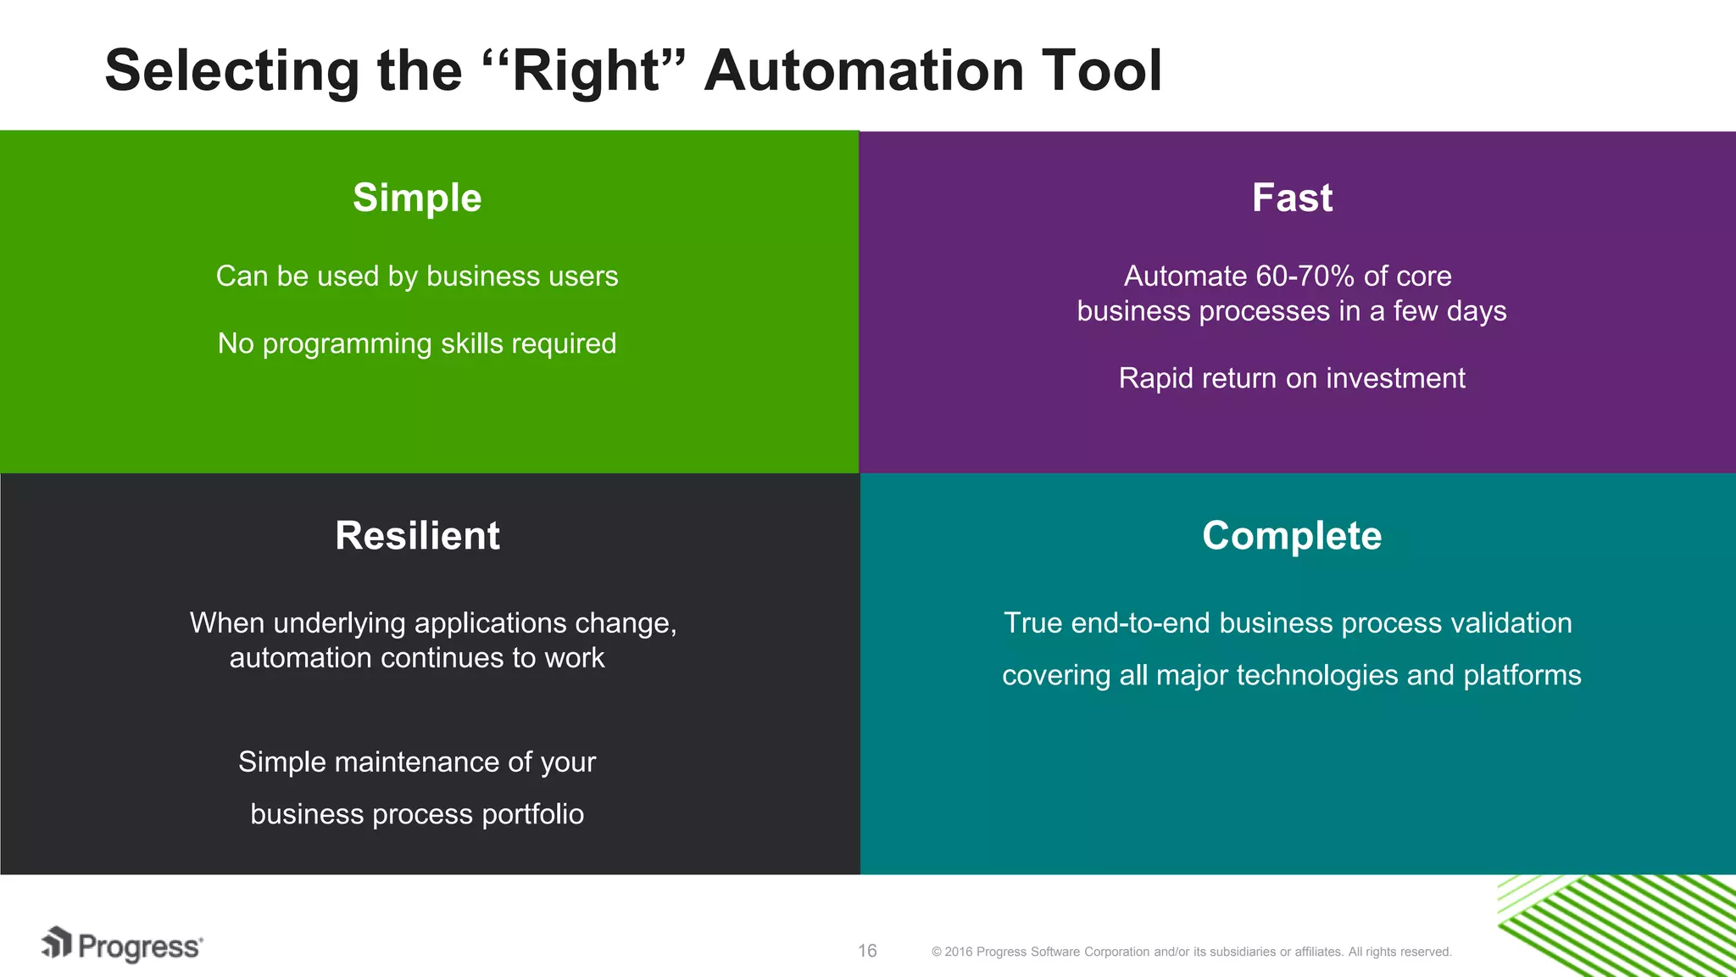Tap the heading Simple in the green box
pyautogui.click(x=417, y=198)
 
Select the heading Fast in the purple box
pyautogui.click(x=1292, y=198)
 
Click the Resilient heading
pyautogui.click(x=417, y=536)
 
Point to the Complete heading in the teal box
pyautogui.click(x=1292, y=536)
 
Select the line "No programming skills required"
pyautogui.click(x=417, y=343)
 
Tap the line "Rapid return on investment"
pyautogui.click(x=1292, y=378)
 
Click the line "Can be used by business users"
pyautogui.click(x=417, y=276)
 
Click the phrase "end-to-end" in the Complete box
pyautogui.click(x=1141, y=623)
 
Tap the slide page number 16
pyautogui.click(x=867, y=951)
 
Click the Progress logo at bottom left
pyautogui.click(x=123, y=946)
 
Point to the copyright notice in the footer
pyautogui.click(x=1191, y=952)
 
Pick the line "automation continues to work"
pyautogui.click(x=417, y=658)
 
